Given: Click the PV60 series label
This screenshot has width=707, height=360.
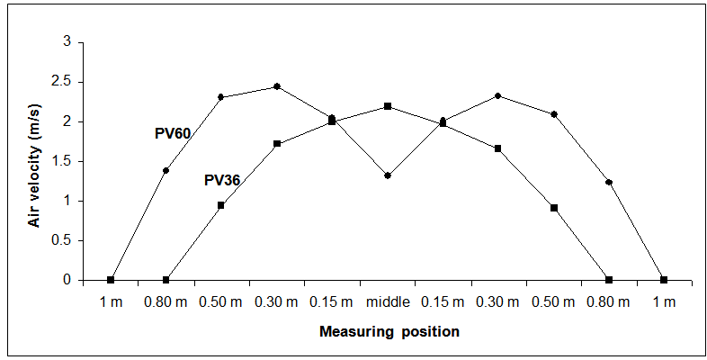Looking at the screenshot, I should pos(173,133).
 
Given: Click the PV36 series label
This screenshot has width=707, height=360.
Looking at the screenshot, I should pos(221,180).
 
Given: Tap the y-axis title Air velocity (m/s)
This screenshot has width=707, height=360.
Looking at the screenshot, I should pos(36,160).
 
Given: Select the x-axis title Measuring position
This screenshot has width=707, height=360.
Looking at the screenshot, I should pos(389,332).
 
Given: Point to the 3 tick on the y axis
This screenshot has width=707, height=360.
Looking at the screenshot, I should pos(66,42).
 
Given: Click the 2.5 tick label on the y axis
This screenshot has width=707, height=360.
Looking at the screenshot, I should pos(59,82).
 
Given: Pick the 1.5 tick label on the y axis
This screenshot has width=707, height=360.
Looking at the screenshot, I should pos(59,161).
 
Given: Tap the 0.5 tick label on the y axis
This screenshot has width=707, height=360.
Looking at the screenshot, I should pos(59,240).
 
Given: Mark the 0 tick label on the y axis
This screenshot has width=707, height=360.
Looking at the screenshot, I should pos(66,280).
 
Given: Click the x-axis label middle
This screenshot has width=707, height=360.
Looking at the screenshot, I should pos(387,301).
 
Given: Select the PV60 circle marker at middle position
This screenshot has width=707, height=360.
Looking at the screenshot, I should pos(388,175).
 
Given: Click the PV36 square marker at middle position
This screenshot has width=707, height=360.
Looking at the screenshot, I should pos(388,106).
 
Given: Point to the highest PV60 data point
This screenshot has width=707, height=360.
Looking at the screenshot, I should pos(277,86).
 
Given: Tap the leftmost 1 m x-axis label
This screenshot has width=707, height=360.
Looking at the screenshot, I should pos(111,301).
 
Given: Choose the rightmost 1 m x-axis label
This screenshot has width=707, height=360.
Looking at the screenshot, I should pos(664,301).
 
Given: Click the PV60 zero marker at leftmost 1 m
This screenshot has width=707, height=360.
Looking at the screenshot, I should pos(111,280).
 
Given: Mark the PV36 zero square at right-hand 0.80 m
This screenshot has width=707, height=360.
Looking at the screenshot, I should pos(609,280).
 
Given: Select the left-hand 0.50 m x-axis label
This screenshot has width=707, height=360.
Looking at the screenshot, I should pos(221,301).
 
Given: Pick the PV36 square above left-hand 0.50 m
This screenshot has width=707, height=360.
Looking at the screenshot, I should pos(221,205).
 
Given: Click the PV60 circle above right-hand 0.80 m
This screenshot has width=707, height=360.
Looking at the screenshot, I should pos(609,183).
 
